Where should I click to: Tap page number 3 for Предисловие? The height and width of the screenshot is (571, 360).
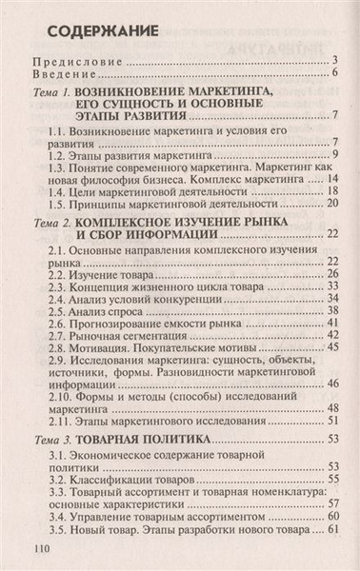point(337,64)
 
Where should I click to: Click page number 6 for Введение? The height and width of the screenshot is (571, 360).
point(337,76)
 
